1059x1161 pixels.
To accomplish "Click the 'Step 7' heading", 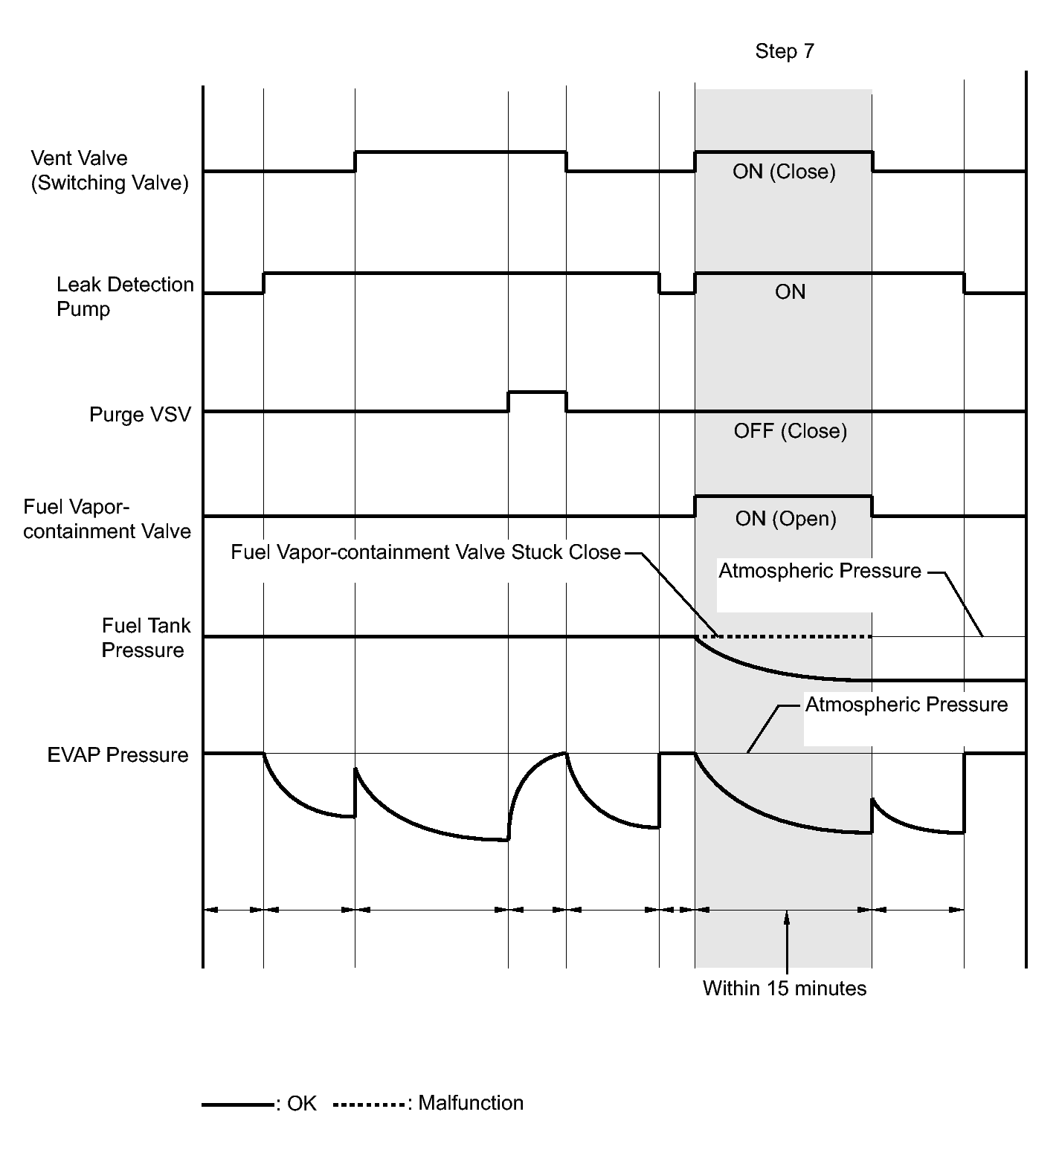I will tap(785, 51).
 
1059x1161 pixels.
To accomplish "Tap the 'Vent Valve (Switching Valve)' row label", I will tap(109, 170).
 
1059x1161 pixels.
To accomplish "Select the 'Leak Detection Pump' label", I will tap(125, 297).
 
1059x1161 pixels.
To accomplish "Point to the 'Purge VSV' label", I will tap(140, 414).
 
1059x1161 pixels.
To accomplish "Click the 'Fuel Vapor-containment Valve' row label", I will tap(107, 520).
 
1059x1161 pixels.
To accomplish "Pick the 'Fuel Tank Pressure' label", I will tap(145, 638).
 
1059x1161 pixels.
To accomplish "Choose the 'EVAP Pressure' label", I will tap(118, 755).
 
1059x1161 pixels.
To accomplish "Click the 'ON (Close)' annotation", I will tap(784, 172).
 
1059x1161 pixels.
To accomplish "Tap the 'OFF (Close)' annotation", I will tap(790, 431).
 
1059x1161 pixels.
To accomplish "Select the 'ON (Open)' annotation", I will tap(785, 519).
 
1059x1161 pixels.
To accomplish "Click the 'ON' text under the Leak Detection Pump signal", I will tap(790, 292).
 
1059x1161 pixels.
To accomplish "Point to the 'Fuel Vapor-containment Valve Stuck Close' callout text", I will tap(425, 552).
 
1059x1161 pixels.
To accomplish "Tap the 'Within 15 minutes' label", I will tap(785, 989).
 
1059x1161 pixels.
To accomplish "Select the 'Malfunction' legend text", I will tap(471, 1103).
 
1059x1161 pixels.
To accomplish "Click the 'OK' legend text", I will tap(301, 1104).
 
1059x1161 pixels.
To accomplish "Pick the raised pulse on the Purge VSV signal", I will tap(537, 392).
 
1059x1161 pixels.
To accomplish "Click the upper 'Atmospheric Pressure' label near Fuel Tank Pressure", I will tap(820, 571).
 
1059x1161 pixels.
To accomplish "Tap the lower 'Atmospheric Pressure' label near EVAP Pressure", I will tap(907, 705).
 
